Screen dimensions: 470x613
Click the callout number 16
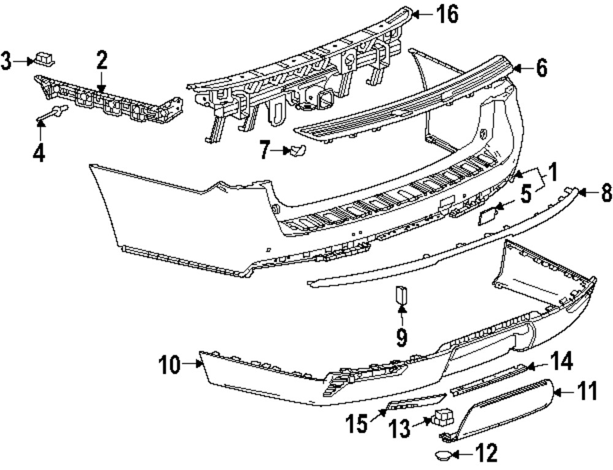click(447, 15)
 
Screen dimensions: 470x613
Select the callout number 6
click(541, 69)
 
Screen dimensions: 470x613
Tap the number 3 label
click(7, 61)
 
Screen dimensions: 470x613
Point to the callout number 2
click(101, 60)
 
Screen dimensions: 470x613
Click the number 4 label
click(39, 152)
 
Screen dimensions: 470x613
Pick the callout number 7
click(265, 150)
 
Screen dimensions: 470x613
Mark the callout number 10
click(169, 366)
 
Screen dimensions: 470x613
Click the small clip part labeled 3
click(45, 59)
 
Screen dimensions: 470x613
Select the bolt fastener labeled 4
click(54, 113)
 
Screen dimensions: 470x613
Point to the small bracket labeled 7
click(295, 150)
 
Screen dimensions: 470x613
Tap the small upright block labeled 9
click(401, 295)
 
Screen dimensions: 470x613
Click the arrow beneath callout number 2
click(101, 83)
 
